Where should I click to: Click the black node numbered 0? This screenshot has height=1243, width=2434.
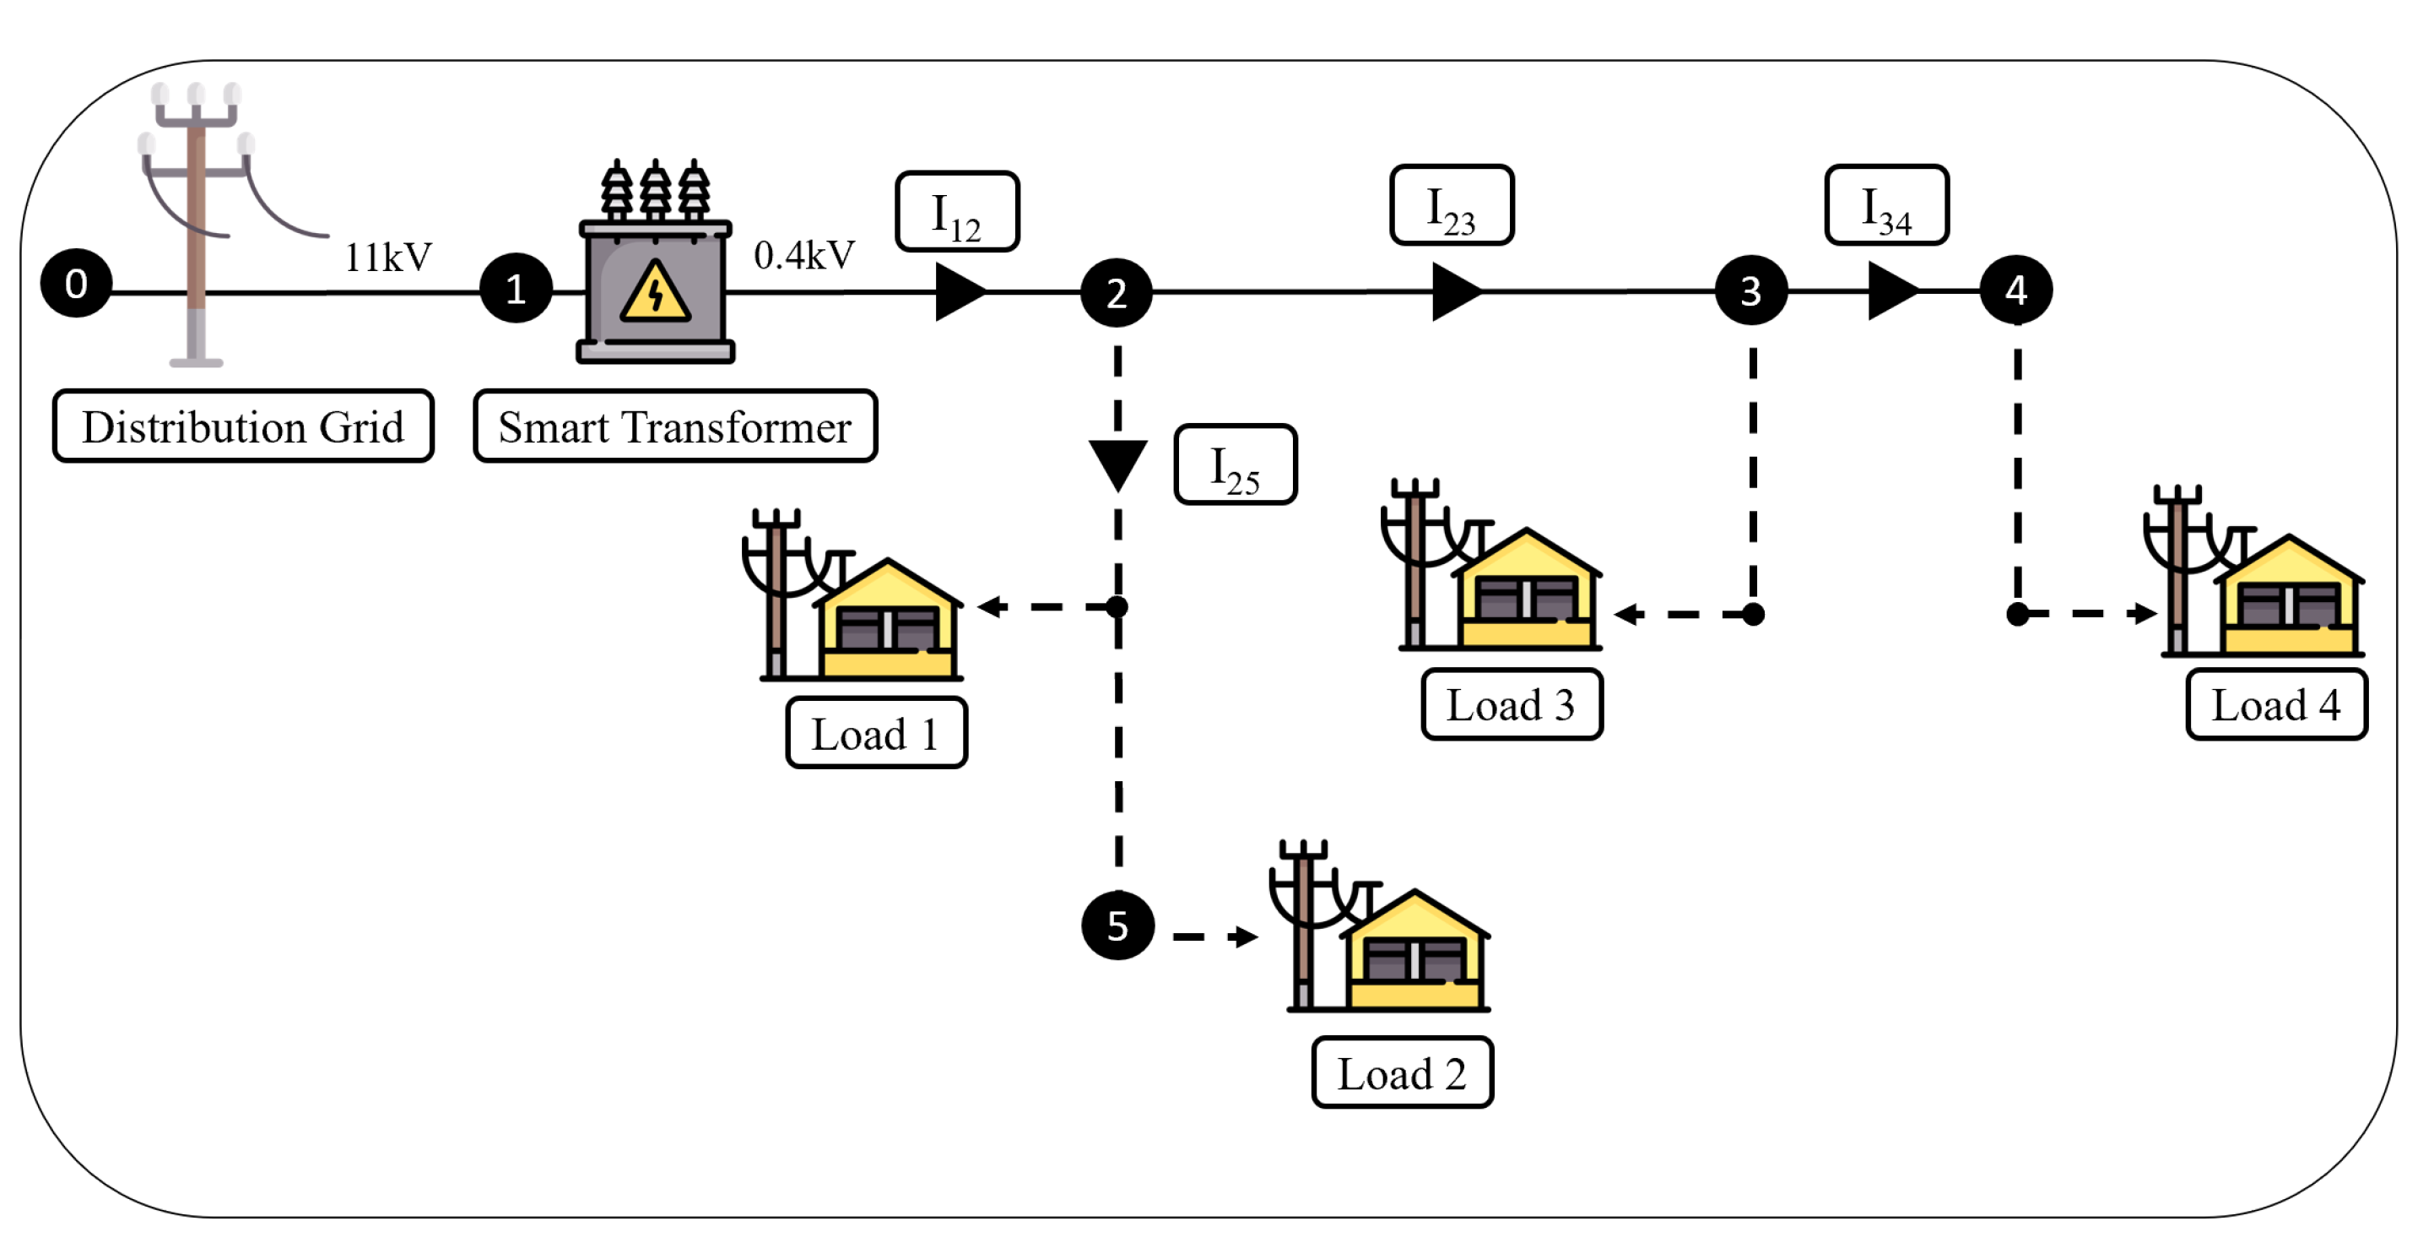click(77, 284)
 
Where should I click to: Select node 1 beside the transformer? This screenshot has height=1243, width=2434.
click(516, 288)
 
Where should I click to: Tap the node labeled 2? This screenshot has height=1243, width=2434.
click(1117, 293)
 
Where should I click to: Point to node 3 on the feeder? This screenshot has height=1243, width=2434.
click(1751, 290)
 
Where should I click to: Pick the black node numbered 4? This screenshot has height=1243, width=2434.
click(2016, 290)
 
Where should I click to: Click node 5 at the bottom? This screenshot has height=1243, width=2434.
click(1117, 925)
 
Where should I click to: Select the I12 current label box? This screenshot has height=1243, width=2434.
click(957, 212)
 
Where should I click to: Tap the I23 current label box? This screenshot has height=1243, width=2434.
click(1452, 205)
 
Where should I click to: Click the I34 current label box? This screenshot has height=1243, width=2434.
click(1887, 205)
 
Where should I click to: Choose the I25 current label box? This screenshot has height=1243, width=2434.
click(1236, 464)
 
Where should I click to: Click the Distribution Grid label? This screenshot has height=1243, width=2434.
click(244, 426)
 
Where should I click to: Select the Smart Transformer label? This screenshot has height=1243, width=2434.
click(675, 426)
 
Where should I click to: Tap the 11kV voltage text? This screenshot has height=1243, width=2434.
click(388, 257)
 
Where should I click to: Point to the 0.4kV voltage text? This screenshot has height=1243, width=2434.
click(804, 255)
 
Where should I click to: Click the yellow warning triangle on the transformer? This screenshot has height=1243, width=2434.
click(655, 292)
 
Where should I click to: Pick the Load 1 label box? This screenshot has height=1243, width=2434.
click(877, 734)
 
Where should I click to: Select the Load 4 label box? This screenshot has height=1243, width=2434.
click(2277, 705)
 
